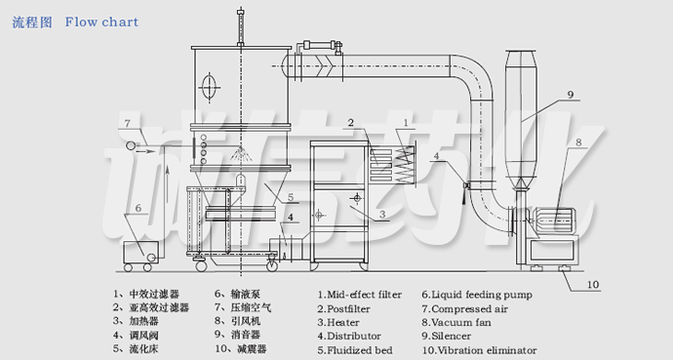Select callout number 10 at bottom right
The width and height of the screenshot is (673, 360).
pyautogui.click(x=593, y=285)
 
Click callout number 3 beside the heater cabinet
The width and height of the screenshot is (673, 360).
pyautogui.click(x=382, y=214)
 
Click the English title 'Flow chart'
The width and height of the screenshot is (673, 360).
pyautogui.click(x=102, y=21)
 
